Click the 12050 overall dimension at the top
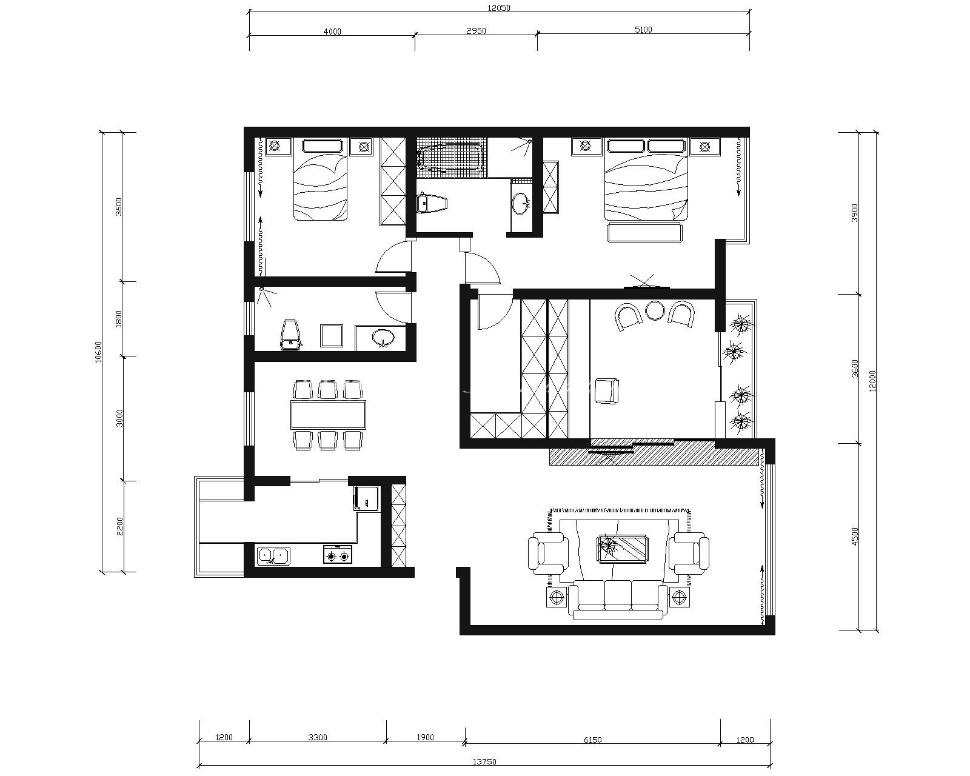pyautogui.click(x=498, y=8)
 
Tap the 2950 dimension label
pyautogui.click(x=476, y=31)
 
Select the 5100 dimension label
pyautogui.click(x=643, y=30)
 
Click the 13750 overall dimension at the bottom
pyautogui.click(x=484, y=761)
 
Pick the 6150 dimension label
pyautogui.click(x=593, y=740)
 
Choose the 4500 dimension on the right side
pyautogui.click(x=855, y=537)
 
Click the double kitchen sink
pyautogui.click(x=273, y=556)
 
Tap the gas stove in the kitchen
pyautogui.click(x=338, y=555)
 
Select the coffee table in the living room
pyautogui.click(x=623, y=548)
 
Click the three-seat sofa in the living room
pyautogui.click(x=618, y=600)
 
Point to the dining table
pyautogui.click(x=328, y=415)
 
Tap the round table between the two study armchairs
pyautogui.click(x=655, y=310)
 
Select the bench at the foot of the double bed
pyautogui.click(x=644, y=233)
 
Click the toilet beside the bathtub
pyautogui.click(x=432, y=203)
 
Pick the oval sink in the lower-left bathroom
pyautogui.click(x=383, y=337)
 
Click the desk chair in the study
pyautogui.click(x=607, y=390)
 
